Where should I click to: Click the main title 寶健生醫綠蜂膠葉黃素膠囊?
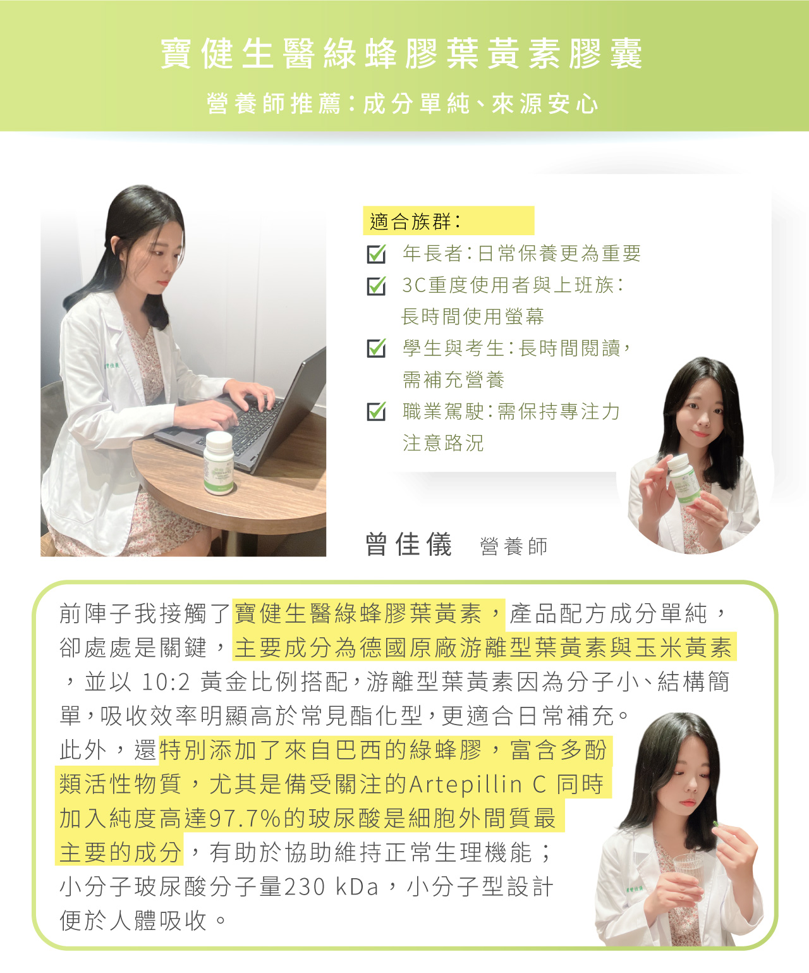402,54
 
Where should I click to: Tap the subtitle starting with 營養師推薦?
403,104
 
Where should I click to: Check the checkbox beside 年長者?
376,254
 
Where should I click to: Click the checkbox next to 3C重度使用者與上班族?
376,286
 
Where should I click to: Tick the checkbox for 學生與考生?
376,348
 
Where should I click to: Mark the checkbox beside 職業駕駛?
376,412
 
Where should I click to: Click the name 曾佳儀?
409,544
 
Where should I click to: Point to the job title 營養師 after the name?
514,546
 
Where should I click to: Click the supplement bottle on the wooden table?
219,463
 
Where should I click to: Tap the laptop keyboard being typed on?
247,422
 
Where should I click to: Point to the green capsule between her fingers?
715,824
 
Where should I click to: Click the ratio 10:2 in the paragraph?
166,682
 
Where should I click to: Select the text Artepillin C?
478,785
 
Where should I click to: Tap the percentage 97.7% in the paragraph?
245,819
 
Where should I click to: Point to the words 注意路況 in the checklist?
443,443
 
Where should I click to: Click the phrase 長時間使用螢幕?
473,316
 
